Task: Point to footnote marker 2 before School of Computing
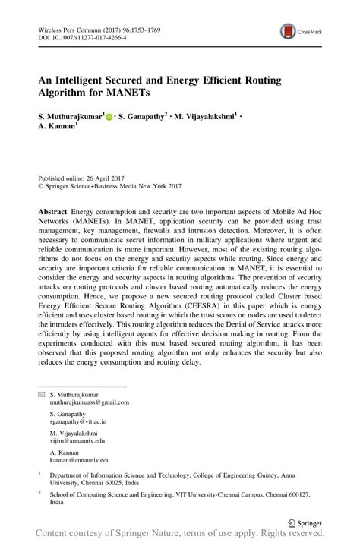tap(39, 491)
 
